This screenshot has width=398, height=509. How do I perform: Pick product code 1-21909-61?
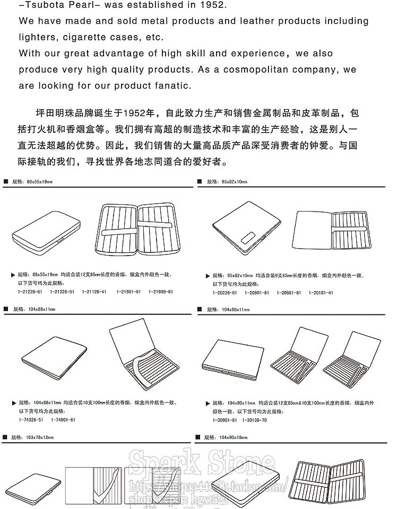tap(161, 292)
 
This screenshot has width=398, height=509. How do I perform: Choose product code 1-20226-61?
tap(225, 293)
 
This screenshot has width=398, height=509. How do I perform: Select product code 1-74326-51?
tap(32, 419)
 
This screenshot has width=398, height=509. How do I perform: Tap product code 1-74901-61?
tap(64, 419)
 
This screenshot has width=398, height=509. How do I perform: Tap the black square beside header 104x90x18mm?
tap(197, 437)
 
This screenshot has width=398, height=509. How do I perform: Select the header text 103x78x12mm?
tap(40, 437)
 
